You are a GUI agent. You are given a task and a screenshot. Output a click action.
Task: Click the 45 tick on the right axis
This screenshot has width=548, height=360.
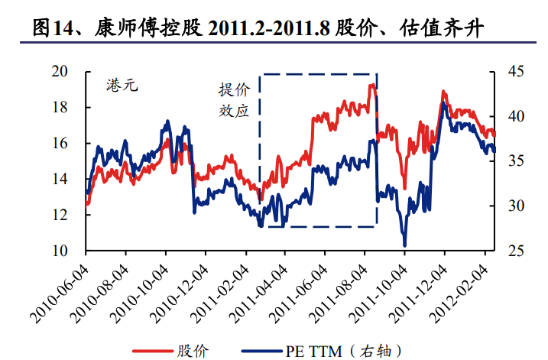click(517, 72)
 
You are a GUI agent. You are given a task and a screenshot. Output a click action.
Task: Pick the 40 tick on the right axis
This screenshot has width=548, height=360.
click(517, 117)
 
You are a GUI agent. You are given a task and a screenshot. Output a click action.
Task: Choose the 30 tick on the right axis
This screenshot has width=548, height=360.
click(517, 206)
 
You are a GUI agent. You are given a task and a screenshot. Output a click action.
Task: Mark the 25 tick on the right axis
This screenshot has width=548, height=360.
click(517, 251)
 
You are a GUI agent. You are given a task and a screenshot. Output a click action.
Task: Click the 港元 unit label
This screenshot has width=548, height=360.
click(122, 86)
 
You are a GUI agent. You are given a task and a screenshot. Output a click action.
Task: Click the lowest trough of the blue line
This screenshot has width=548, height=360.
click(404, 245)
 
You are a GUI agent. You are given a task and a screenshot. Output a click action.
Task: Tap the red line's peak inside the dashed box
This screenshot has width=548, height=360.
click(372, 85)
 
